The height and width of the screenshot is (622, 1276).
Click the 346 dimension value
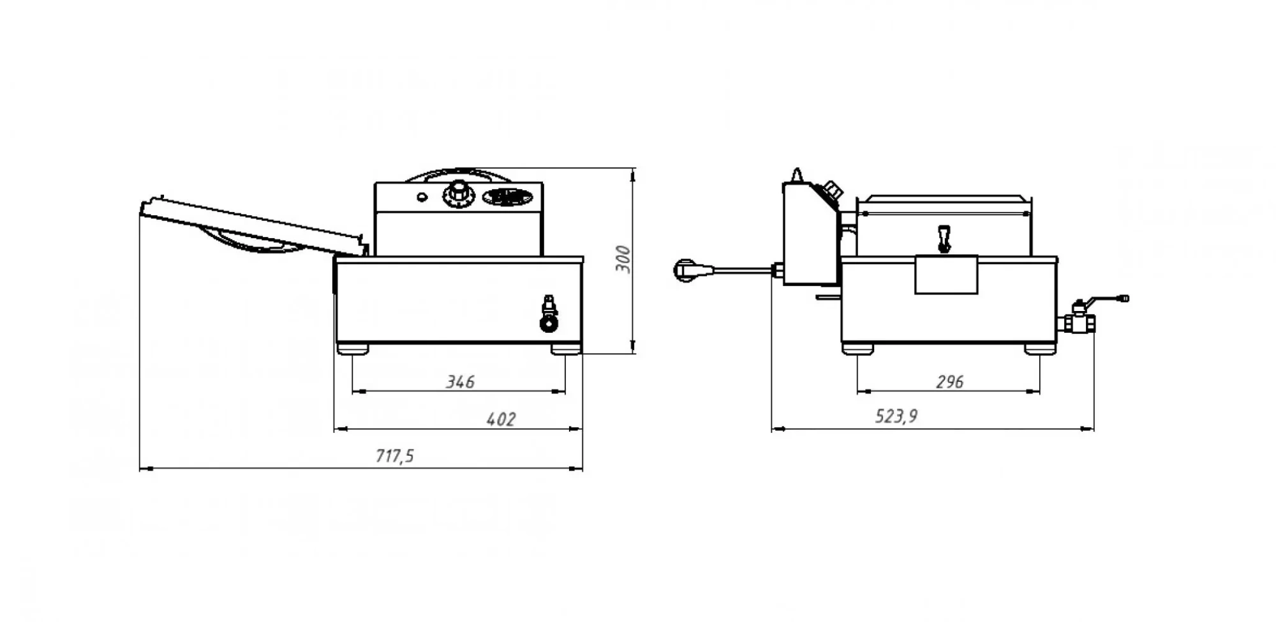point(460,382)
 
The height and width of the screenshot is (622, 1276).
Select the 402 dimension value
point(501,419)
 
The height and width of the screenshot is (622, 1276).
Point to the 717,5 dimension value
point(394,456)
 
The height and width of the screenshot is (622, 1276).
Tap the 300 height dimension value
point(623,259)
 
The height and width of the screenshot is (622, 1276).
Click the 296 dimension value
point(949,382)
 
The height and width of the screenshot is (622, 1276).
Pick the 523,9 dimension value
point(896,416)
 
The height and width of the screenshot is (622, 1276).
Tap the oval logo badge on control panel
point(508,196)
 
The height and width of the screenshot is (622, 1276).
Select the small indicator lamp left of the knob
point(422,197)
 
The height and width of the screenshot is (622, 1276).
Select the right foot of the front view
point(565,349)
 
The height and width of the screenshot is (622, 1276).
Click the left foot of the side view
point(857,349)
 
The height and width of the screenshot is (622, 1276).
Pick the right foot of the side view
point(1041,349)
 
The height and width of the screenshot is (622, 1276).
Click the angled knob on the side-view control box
point(831,190)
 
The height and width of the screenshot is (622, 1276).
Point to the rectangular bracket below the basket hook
point(946,275)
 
